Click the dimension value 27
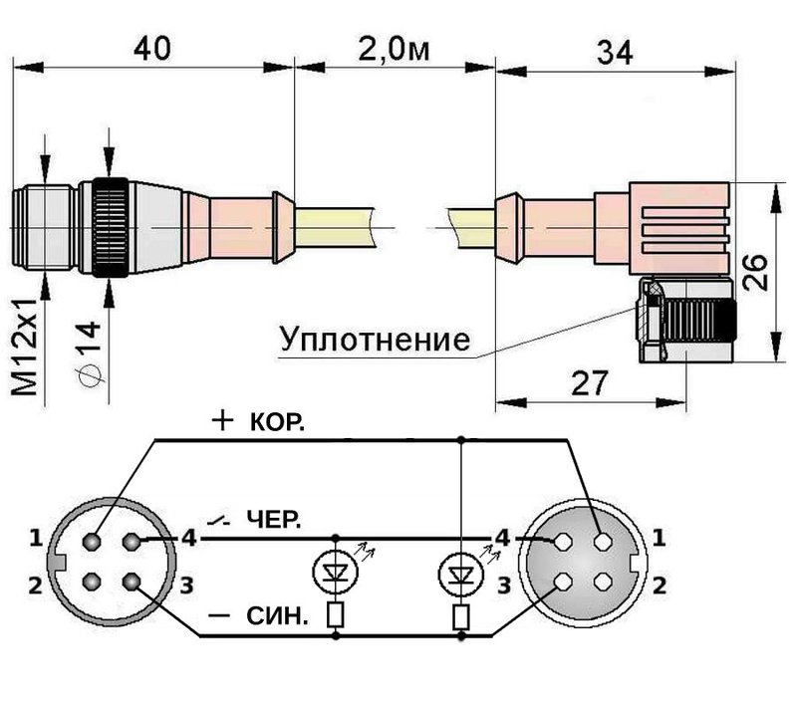(x=590, y=382)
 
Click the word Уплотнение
(x=374, y=340)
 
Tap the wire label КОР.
(x=274, y=422)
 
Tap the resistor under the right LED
(x=460, y=617)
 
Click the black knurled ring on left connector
(x=109, y=228)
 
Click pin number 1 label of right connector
(x=659, y=539)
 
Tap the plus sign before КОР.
(x=221, y=421)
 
